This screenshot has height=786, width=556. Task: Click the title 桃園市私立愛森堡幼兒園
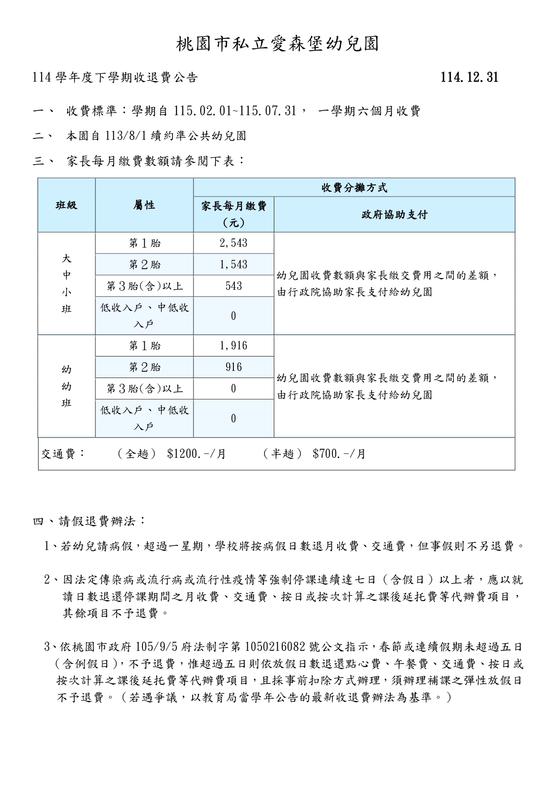278,44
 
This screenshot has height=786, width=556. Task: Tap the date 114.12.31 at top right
469,77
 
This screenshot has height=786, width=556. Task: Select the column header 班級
66,205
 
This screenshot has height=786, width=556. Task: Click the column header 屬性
144,205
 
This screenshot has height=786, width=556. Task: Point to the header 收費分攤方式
354,188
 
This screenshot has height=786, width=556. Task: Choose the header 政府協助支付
394,215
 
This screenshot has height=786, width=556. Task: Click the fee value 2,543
233,243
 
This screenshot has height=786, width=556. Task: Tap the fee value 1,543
233,265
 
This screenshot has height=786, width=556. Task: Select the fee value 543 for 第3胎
233,286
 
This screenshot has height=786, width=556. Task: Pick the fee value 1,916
233,346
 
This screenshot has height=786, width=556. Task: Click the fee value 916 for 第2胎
233,367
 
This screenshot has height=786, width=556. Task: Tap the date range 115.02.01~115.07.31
235,111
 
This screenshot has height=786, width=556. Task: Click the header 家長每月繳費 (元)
233,214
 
